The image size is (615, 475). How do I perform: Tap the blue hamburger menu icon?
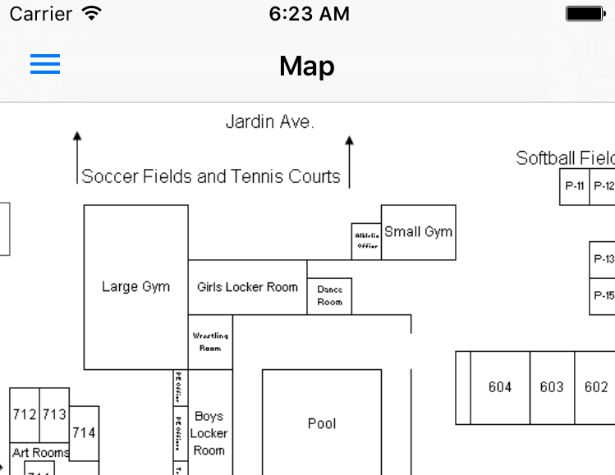click(45, 65)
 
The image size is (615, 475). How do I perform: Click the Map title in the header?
click(307, 66)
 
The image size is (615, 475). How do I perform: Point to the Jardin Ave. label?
click(269, 122)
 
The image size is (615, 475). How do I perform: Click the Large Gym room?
click(135, 286)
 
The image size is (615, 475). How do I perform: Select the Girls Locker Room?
click(247, 287)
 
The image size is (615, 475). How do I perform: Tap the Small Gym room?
click(418, 232)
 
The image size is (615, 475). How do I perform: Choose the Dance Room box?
click(329, 296)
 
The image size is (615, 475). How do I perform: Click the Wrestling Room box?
click(210, 341)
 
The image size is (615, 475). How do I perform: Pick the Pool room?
click(322, 423)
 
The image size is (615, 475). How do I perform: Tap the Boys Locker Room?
click(209, 432)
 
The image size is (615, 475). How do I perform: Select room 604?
click(500, 387)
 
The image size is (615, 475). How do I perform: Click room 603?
click(552, 387)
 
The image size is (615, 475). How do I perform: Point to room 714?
click(84, 432)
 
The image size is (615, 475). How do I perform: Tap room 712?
click(25, 414)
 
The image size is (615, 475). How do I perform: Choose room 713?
click(54, 414)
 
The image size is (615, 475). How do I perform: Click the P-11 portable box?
click(575, 186)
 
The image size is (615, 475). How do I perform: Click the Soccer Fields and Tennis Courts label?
click(211, 176)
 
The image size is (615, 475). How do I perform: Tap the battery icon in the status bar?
click(585, 13)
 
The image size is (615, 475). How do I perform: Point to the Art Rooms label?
click(40, 452)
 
